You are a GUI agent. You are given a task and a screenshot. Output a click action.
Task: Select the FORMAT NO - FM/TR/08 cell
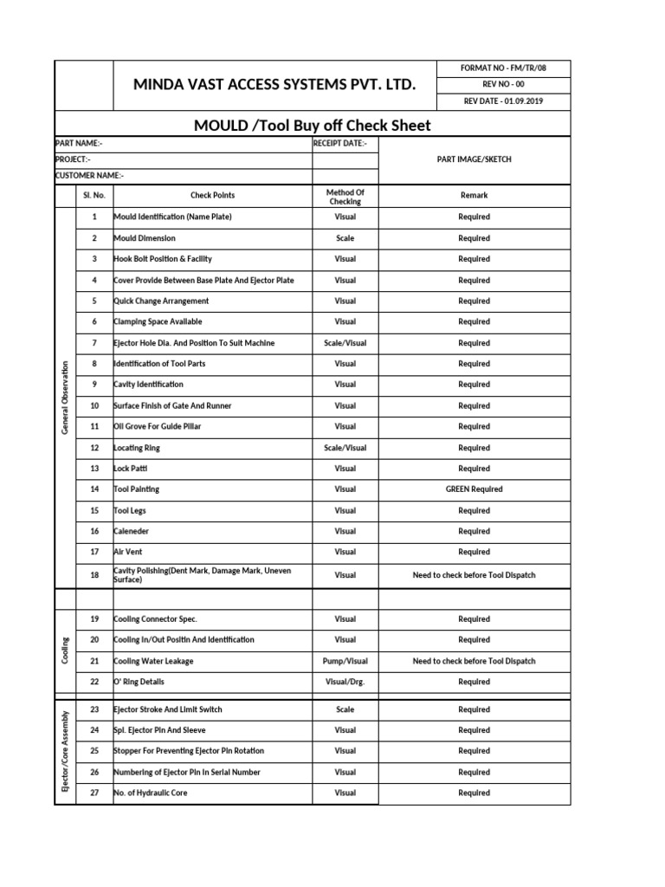tap(504, 68)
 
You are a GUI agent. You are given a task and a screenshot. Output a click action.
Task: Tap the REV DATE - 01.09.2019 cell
tap(504, 101)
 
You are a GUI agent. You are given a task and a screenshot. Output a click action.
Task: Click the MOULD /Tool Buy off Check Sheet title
tap(312, 126)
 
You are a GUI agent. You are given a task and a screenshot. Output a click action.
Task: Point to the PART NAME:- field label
tap(78, 143)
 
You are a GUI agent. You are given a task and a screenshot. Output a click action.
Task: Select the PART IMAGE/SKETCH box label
tap(474, 159)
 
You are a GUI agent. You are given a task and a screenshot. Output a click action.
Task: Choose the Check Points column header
tap(212, 196)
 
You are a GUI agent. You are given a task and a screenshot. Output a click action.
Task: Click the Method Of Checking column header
tap(345, 197)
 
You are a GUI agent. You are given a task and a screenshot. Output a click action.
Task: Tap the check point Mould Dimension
tap(145, 238)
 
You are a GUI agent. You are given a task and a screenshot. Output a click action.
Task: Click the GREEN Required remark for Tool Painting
tap(474, 489)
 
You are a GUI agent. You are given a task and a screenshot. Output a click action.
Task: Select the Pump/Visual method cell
tap(345, 661)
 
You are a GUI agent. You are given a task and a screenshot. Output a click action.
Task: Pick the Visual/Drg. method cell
tap(345, 682)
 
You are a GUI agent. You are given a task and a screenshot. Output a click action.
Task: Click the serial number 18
tap(94, 575)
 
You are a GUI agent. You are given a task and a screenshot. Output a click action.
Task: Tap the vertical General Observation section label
tap(65, 395)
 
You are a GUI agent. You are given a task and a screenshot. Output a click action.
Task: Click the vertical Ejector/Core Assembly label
tap(65, 751)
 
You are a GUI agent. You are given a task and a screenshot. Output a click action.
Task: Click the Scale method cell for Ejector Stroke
tap(345, 709)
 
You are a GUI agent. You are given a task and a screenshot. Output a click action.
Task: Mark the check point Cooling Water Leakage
tap(154, 661)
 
